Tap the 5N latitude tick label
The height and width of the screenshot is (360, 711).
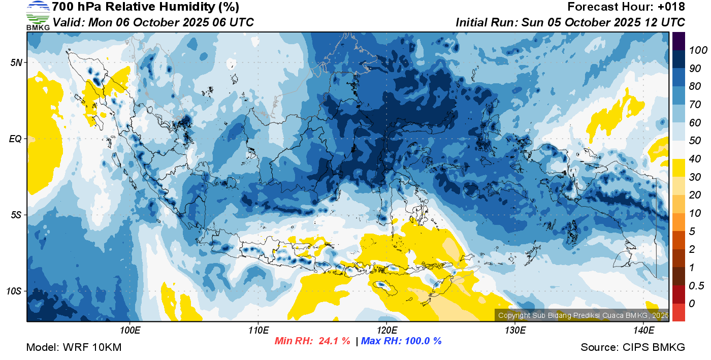[x=16, y=62]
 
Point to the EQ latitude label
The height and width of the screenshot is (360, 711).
[x=16, y=139]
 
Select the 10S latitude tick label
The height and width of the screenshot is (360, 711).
[x=14, y=291]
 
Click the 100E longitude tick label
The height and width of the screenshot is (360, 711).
[x=130, y=331]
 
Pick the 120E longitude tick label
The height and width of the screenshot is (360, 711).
[x=386, y=331]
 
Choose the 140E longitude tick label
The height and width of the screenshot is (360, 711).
[x=643, y=331]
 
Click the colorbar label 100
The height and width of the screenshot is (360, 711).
[x=698, y=50]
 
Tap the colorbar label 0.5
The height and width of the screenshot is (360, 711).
[x=696, y=286]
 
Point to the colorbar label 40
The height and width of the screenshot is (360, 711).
[x=695, y=159]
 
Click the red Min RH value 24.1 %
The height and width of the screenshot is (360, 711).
[x=334, y=341]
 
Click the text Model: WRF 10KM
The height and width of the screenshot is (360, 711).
[x=74, y=347]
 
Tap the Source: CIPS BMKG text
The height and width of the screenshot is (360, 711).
[x=633, y=347]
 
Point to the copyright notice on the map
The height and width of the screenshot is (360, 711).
[x=583, y=315]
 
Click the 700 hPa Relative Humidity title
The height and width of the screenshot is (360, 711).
[x=146, y=7]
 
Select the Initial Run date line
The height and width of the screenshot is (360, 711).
[x=570, y=22]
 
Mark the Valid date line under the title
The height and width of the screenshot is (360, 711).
[x=153, y=22]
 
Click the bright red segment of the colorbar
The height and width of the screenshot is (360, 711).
[x=678, y=312]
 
